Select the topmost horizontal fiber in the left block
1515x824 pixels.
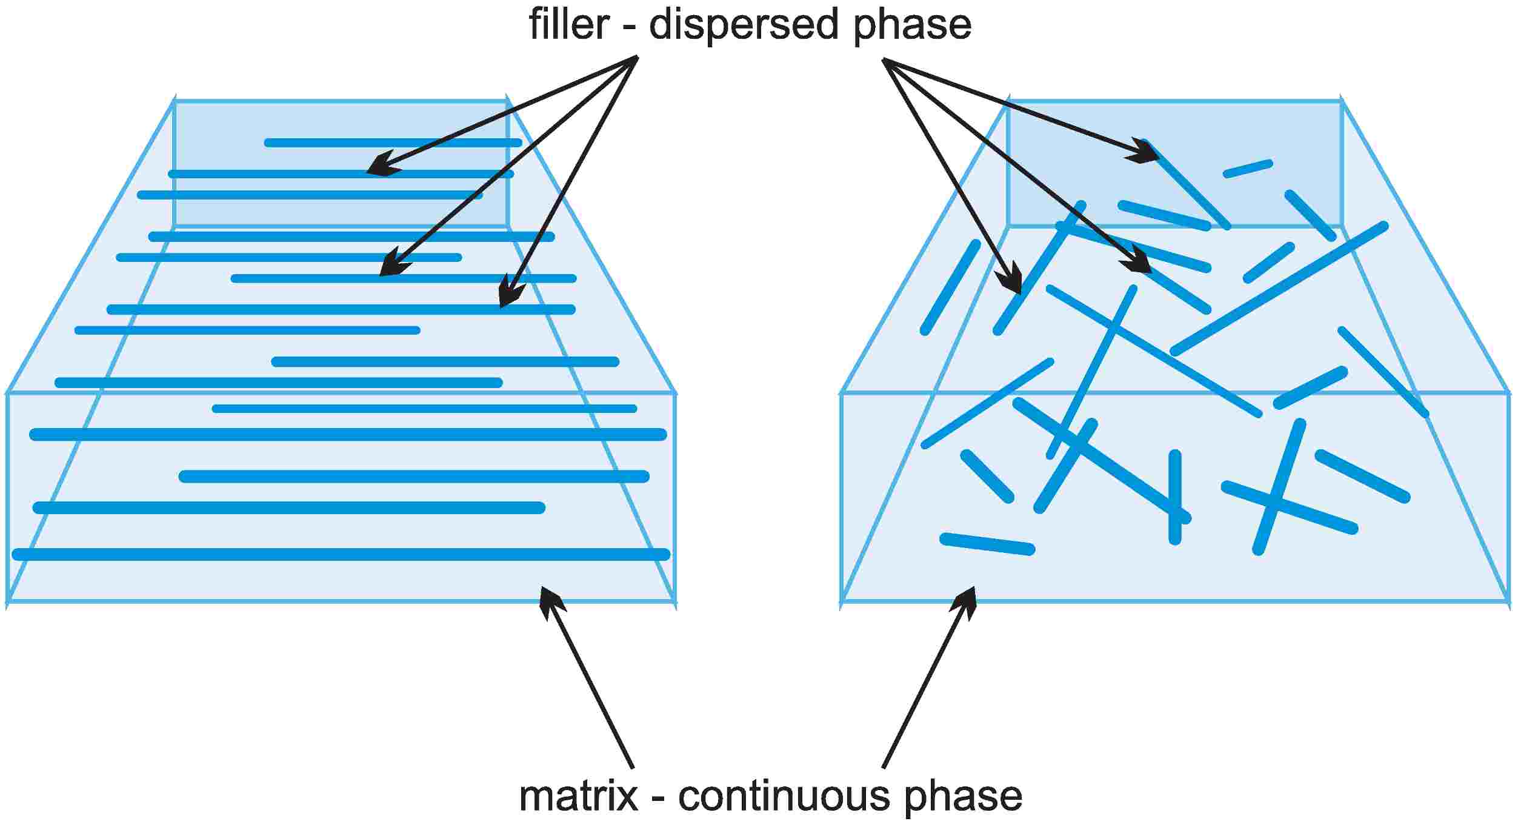pyautogui.click(x=393, y=142)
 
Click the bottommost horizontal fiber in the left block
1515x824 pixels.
pyautogui.click(x=341, y=554)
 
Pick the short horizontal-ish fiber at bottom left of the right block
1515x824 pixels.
pyautogui.click(x=988, y=544)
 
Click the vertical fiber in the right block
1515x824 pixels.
pyautogui.click(x=1175, y=497)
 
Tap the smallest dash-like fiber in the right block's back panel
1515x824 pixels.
pyautogui.click(x=1248, y=169)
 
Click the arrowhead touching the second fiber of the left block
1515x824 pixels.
pyautogui.click(x=382, y=167)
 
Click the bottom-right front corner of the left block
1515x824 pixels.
pyautogui.click(x=675, y=601)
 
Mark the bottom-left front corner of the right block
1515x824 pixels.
pyautogui.click(x=842, y=601)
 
